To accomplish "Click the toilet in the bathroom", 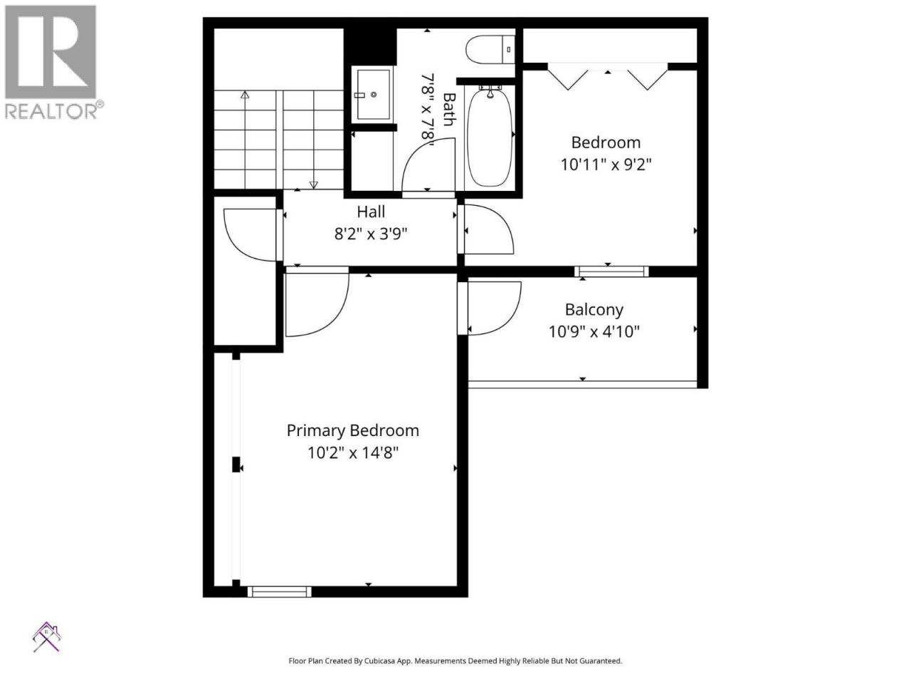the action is coord(490,49).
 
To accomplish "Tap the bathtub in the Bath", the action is coord(490,137).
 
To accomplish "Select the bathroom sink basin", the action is coord(373,94).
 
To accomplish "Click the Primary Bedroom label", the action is coord(353,430).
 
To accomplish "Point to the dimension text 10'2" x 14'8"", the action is coord(353,452).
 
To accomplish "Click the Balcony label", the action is coord(594,310).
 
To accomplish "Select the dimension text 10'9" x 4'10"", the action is coord(594,331).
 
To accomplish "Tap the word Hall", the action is coord(371,212).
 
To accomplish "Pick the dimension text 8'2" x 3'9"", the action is coord(371,234).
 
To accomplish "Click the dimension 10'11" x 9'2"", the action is coord(606,165).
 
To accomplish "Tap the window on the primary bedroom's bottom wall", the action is coord(279,591).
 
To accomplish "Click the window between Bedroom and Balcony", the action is coord(611,271).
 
